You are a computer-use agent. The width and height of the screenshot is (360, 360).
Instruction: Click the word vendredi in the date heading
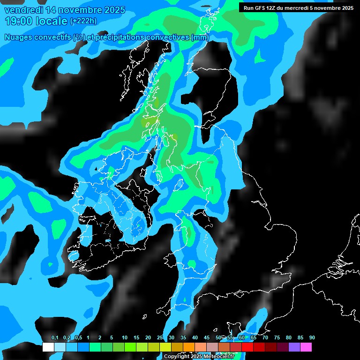click(x=23, y=10)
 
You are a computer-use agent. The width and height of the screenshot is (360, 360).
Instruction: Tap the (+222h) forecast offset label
click(x=83, y=21)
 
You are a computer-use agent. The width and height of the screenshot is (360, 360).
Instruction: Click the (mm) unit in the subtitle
click(x=200, y=37)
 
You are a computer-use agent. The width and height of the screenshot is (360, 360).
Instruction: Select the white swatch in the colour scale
click(x=48, y=347)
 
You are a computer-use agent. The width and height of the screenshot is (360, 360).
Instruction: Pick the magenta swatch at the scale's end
click(x=306, y=347)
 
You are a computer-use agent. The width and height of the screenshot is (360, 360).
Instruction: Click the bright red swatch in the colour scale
click(x=247, y=347)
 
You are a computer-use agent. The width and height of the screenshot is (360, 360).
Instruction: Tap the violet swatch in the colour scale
click(x=294, y=347)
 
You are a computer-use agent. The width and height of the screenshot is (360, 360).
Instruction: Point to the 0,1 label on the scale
click(x=54, y=338)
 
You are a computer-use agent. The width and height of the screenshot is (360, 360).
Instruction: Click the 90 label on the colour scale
click(x=312, y=338)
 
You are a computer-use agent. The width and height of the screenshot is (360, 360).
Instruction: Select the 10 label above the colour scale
click(x=125, y=338)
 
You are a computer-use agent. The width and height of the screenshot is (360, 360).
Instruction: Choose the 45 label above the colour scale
click(x=207, y=338)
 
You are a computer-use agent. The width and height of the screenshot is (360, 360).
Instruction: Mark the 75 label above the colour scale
click(x=277, y=338)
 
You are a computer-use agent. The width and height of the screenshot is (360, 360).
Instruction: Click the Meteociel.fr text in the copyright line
click(x=219, y=357)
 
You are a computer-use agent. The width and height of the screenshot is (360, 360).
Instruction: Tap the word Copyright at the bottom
click(x=177, y=357)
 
